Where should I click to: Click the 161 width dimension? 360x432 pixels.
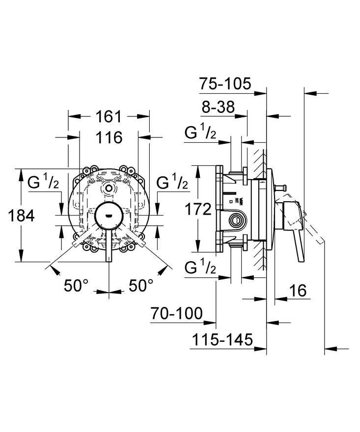click(x=109, y=116)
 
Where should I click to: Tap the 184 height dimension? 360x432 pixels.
click(x=22, y=216)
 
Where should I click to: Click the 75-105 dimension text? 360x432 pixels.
click(x=225, y=83)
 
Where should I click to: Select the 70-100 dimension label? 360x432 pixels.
click(x=177, y=313)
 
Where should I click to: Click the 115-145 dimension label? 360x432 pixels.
click(x=222, y=339)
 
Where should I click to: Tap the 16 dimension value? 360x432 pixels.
click(x=298, y=291)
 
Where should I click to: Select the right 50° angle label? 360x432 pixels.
click(x=141, y=285)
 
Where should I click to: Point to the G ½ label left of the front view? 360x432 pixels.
click(x=43, y=182)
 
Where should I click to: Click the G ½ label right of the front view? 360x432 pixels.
click(x=172, y=182)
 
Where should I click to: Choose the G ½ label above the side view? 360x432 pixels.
click(x=200, y=133)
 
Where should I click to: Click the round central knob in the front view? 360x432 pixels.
click(x=109, y=216)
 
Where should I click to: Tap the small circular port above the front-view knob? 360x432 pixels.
click(x=109, y=189)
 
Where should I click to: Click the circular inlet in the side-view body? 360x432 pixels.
click(x=235, y=220)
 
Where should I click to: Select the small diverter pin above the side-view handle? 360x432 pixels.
click(x=280, y=188)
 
